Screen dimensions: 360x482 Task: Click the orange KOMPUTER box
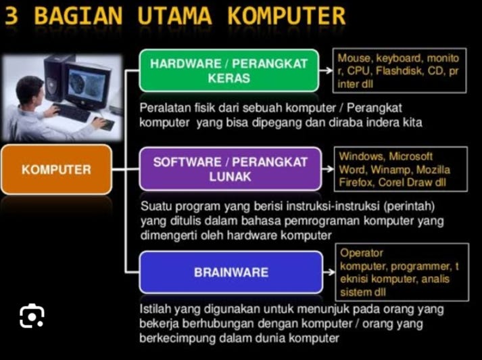(x=56, y=169)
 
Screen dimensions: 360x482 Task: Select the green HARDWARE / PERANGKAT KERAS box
(x=228, y=70)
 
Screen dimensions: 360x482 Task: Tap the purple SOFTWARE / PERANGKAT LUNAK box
(x=230, y=169)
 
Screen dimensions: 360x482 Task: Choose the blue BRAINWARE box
(x=231, y=273)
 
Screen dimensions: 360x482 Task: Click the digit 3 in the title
(x=11, y=16)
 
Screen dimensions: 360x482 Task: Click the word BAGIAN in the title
(x=78, y=16)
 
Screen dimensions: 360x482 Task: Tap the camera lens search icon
(x=31, y=316)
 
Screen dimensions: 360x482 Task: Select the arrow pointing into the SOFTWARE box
(x=133, y=169)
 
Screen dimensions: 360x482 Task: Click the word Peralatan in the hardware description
(x=162, y=108)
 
